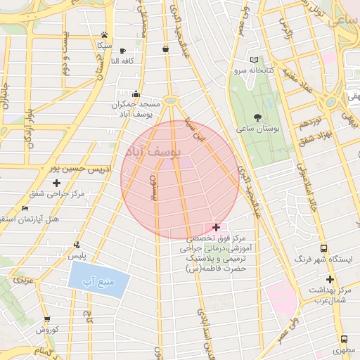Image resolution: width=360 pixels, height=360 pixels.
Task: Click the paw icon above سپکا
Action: (x=104, y=34)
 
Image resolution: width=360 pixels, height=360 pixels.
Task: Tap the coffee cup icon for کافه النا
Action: (x=122, y=51)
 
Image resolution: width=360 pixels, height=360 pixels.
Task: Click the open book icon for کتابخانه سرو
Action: (x=255, y=60)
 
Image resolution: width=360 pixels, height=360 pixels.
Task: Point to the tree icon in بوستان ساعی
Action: (x=258, y=117)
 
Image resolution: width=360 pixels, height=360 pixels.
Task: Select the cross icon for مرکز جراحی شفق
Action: (x=56, y=183)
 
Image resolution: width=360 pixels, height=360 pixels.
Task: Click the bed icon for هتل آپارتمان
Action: (x=25, y=209)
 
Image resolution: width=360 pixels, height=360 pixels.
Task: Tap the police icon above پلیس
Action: (x=76, y=245)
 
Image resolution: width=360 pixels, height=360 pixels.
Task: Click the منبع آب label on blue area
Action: (x=99, y=282)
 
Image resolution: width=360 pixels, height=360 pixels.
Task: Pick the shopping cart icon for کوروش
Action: (x=47, y=319)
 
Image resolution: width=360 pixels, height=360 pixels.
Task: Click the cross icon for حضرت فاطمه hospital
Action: (x=216, y=227)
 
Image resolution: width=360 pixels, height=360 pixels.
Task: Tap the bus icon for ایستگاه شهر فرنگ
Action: (x=324, y=249)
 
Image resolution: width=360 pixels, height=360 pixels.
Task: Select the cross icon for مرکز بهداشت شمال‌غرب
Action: (x=329, y=279)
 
